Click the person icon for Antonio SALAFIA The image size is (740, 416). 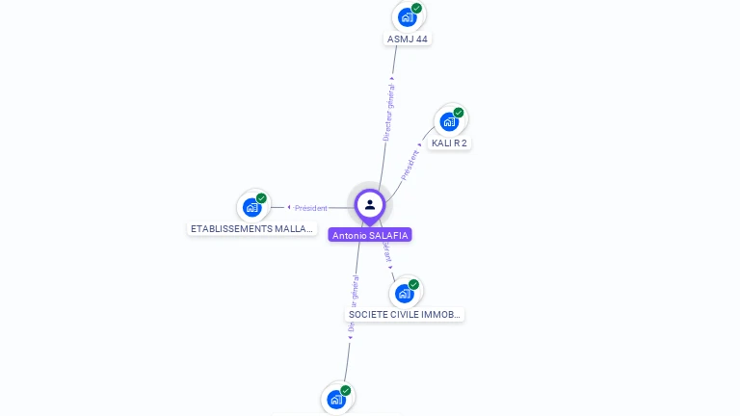(370, 204)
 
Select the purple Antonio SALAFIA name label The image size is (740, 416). (370, 235)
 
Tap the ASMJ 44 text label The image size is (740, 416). (407, 39)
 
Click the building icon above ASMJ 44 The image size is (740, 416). (408, 16)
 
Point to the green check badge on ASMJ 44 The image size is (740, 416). (417, 8)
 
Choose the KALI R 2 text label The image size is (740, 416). (449, 143)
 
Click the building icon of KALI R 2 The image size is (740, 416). (449, 121)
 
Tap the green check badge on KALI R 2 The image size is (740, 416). (459, 113)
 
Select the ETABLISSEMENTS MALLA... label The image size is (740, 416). (252, 229)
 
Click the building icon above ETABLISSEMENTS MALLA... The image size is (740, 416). (252, 206)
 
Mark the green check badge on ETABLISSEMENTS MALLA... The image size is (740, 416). (261, 197)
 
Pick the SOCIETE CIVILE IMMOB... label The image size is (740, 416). (405, 315)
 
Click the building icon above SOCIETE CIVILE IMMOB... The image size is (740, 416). (405, 293)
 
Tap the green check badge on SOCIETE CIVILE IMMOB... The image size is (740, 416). (414, 284)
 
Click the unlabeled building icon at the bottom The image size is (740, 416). (335, 399)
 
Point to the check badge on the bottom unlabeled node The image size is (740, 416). (345, 390)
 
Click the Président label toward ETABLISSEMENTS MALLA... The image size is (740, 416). (310, 208)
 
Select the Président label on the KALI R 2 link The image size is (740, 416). (410, 165)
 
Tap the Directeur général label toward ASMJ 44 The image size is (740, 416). (388, 113)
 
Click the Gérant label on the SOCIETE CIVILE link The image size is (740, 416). (387, 249)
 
